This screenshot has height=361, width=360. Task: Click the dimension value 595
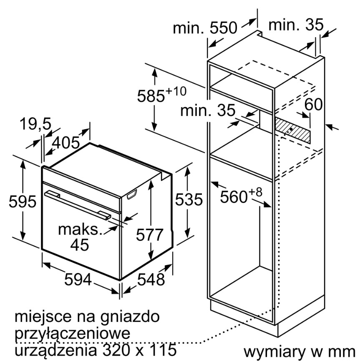click(23, 201)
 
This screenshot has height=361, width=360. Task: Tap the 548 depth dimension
click(151, 279)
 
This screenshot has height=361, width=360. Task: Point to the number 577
click(149, 235)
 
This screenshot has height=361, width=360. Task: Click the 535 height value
click(189, 199)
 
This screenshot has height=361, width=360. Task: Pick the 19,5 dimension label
click(35, 124)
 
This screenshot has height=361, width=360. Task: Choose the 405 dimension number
click(65, 143)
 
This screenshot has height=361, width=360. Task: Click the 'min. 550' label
click(205, 28)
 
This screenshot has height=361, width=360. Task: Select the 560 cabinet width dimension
click(234, 197)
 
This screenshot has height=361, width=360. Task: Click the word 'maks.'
click(80, 229)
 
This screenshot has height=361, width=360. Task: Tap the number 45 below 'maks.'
click(79, 244)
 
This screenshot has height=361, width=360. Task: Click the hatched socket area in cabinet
click(292, 130)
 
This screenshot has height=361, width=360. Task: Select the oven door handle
click(78, 204)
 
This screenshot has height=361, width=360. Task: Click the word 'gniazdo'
click(130, 317)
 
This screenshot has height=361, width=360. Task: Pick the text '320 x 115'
click(138, 350)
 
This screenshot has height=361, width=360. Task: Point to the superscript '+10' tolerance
click(176, 91)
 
